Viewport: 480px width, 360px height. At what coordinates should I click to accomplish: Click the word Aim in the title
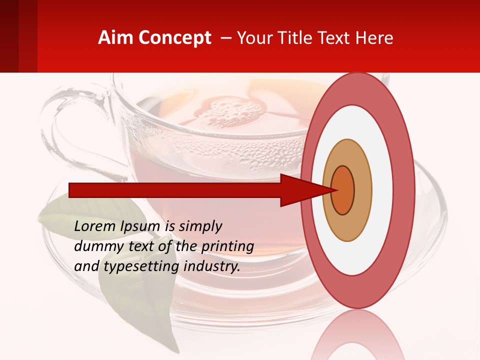click(116, 38)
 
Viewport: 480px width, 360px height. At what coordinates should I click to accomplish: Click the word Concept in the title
click(174, 38)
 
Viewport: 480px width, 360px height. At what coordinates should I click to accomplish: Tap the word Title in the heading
click(298, 38)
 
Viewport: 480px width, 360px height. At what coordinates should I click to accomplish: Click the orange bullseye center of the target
click(343, 190)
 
